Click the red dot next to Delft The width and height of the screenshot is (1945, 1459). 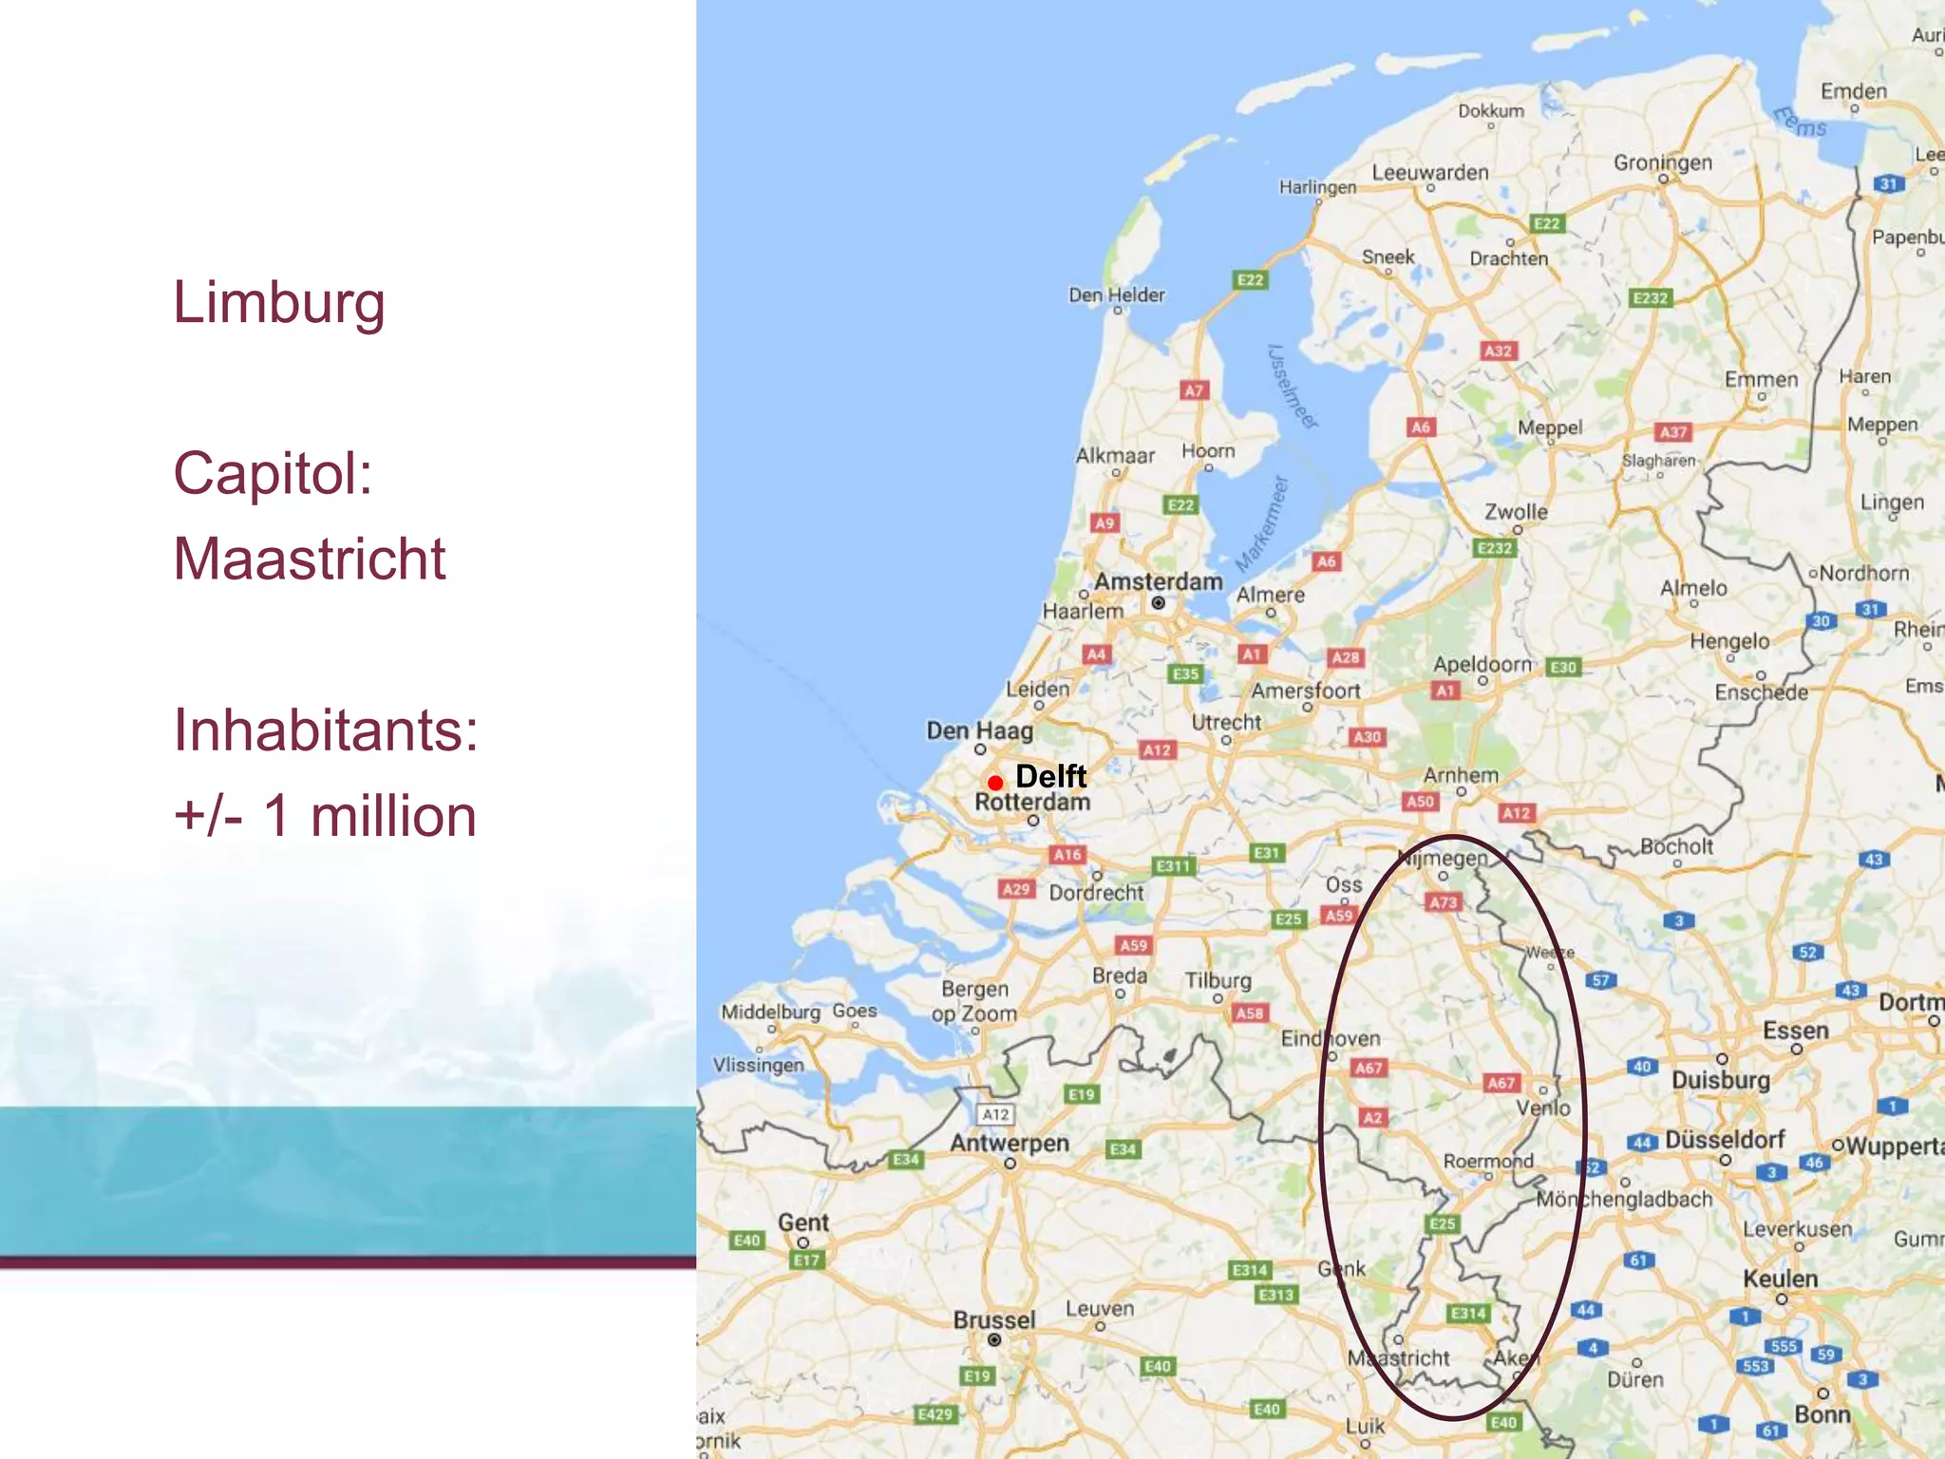tap(995, 783)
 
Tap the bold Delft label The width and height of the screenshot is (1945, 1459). tap(1050, 776)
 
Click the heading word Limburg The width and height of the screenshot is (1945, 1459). tap(278, 303)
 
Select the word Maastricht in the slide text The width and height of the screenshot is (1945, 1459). tap(309, 559)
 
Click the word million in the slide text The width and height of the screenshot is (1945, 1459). tap(393, 816)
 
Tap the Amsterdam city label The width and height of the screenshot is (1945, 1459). tap(1158, 581)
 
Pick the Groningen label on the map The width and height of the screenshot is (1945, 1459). tap(1662, 162)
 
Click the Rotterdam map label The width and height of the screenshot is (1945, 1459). tap(1032, 802)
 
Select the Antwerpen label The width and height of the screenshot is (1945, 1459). tap(1010, 1143)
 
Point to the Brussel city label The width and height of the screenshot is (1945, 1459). tap(994, 1319)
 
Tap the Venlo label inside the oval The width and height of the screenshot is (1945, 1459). tap(1543, 1108)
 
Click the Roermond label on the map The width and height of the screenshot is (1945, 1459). tap(1488, 1161)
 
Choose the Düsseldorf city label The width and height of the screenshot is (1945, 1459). tap(1725, 1139)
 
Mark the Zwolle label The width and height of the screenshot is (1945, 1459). tap(1516, 512)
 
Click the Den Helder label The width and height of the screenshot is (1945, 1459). tap(1116, 294)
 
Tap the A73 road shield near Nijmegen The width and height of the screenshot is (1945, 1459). tap(1444, 902)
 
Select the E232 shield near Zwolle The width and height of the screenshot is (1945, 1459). tap(1495, 548)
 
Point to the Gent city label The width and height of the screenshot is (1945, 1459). tap(803, 1222)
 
